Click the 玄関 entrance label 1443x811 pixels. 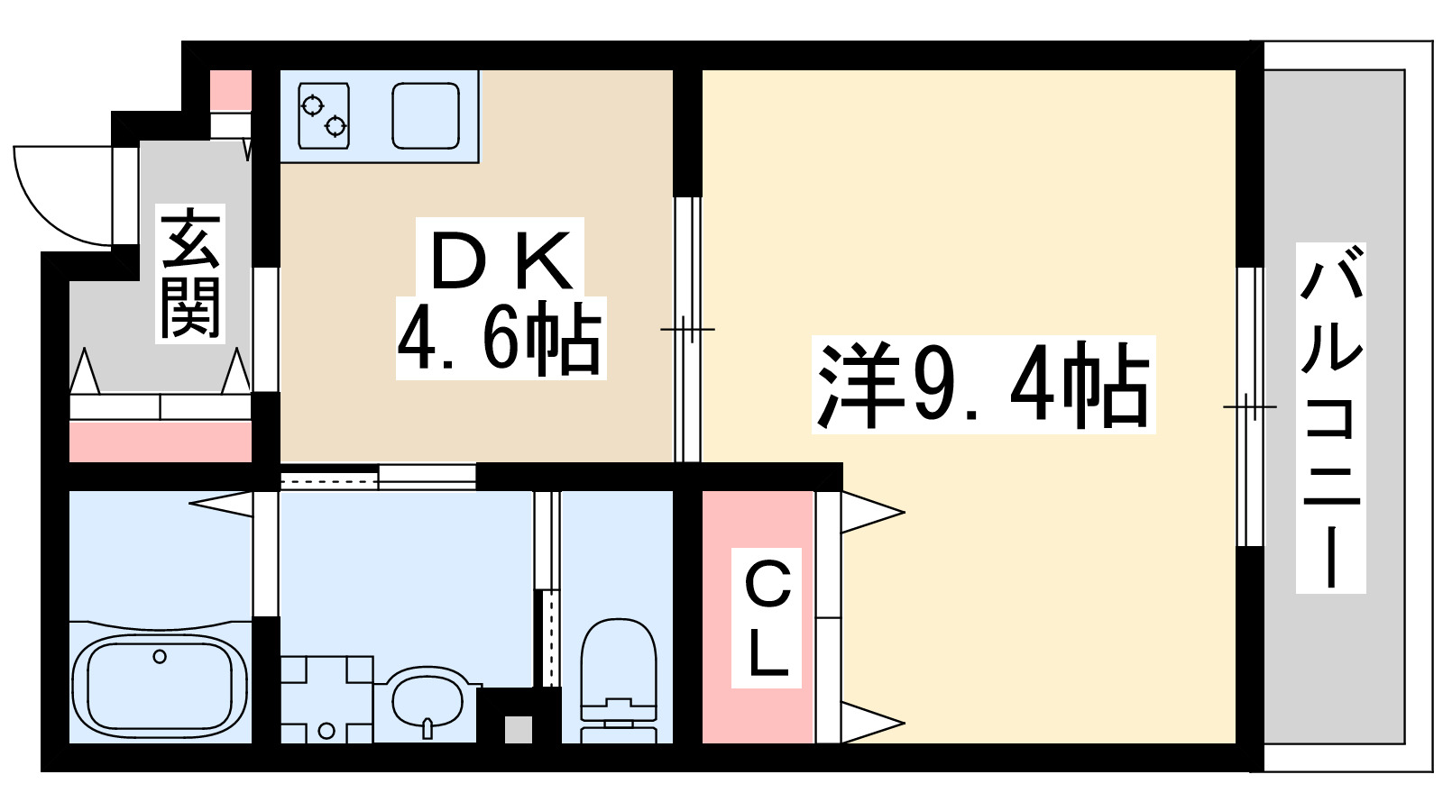coord(190,273)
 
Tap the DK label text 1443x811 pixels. coord(501,260)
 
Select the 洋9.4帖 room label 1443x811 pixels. coord(983,386)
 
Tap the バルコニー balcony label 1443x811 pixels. coord(1330,417)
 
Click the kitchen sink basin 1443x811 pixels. coord(426,115)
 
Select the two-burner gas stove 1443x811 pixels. coord(324,115)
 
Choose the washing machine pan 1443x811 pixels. coord(326,699)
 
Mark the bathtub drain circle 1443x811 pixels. coord(160,657)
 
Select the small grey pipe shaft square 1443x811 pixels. coord(518,729)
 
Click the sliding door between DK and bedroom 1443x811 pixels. coord(687,330)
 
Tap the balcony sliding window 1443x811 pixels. coord(1249,406)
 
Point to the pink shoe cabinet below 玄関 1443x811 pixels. coord(160,442)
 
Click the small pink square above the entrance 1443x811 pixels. coord(231,89)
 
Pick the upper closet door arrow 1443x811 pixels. coord(871,513)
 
